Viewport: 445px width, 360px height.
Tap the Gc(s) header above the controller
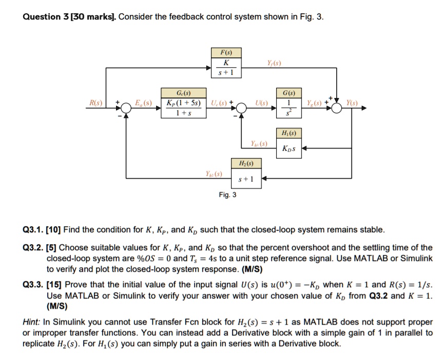(183, 94)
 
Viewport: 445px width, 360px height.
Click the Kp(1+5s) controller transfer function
(183, 108)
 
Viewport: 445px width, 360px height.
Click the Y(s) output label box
(352, 103)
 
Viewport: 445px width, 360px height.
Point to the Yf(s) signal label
(274, 64)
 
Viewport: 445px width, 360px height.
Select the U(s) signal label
(263, 103)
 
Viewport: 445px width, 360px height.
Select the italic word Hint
(33, 322)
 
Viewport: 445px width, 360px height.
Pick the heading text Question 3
(46, 16)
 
